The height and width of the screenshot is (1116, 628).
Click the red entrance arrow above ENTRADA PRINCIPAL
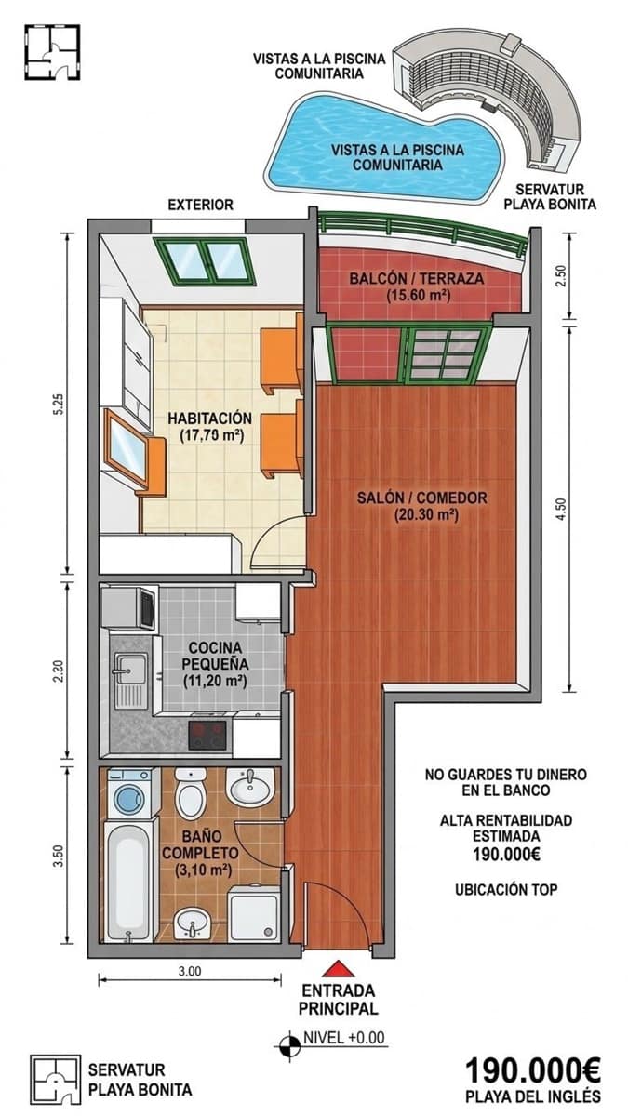pos(339,968)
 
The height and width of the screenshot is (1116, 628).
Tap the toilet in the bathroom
pos(191,794)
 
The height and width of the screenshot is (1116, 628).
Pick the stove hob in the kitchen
pos(207,736)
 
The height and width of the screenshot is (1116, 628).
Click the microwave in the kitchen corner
pos(128,608)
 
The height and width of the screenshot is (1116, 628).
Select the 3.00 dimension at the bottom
pos(190,971)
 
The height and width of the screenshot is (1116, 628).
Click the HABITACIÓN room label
pos(210,418)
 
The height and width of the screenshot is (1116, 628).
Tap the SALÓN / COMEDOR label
pos(422,498)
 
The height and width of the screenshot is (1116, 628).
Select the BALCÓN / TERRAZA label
pos(417,278)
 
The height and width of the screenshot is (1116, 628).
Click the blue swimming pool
pos(383,150)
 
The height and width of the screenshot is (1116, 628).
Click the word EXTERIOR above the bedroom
pos(200,205)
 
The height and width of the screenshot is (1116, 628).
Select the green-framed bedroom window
pos(206,261)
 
